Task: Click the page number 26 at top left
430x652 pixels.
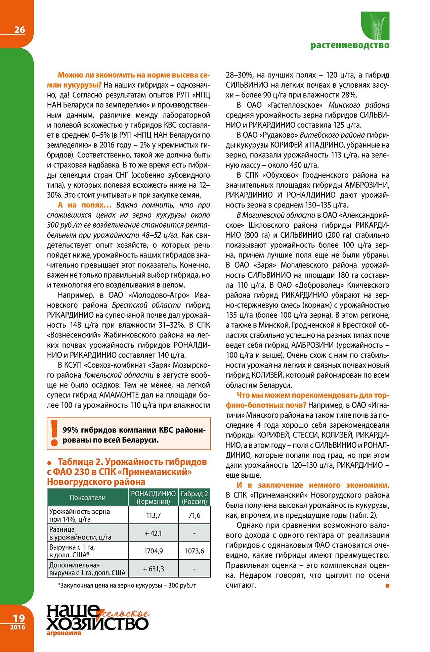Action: (x=19, y=30)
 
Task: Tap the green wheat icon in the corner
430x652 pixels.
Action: (x=376, y=26)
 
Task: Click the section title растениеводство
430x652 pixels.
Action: (x=350, y=45)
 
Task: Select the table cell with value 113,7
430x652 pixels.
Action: (x=153, y=515)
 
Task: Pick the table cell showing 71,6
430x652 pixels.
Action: (x=194, y=515)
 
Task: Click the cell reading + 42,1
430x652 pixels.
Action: (x=153, y=533)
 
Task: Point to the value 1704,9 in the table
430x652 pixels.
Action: (x=153, y=551)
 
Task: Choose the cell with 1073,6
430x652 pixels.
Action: (x=194, y=551)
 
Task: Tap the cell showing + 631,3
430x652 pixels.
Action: (x=153, y=569)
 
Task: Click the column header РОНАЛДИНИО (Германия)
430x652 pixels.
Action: (x=153, y=498)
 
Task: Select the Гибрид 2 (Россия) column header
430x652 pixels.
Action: (x=194, y=498)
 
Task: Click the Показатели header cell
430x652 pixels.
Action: (x=87, y=498)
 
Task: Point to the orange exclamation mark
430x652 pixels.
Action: (x=54, y=433)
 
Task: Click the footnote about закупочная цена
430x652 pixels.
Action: (x=127, y=586)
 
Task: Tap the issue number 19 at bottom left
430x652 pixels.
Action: (x=19, y=618)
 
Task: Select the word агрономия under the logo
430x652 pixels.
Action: (x=64, y=633)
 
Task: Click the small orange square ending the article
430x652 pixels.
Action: (x=387, y=586)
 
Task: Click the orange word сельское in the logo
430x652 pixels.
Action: (x=126, y=614)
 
